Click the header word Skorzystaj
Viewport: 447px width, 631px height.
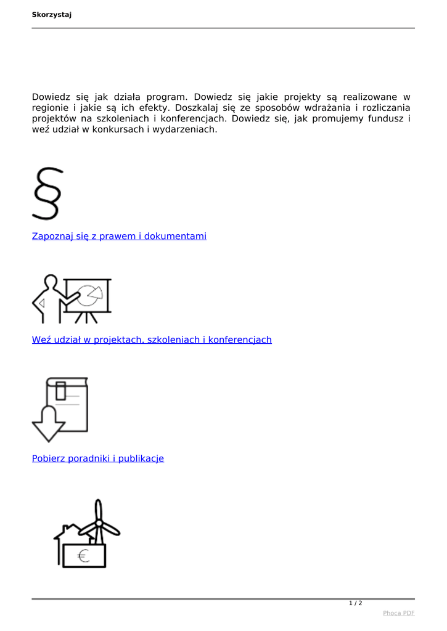point(52,15)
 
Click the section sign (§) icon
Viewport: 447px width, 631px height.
point(47,193)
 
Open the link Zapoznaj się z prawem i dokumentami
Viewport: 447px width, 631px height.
point(119,236)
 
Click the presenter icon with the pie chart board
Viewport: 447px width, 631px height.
point(72,299)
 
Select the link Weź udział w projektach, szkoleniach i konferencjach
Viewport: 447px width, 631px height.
point(152,340)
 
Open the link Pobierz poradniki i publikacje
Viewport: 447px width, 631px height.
point(98,458)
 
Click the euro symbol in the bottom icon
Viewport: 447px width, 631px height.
point(83,556)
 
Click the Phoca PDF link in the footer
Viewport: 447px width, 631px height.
point(398,613)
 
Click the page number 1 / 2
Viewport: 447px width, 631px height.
point(356,603)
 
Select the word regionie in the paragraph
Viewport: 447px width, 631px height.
point(52,108)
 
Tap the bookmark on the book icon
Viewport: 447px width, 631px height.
point(61,390)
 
